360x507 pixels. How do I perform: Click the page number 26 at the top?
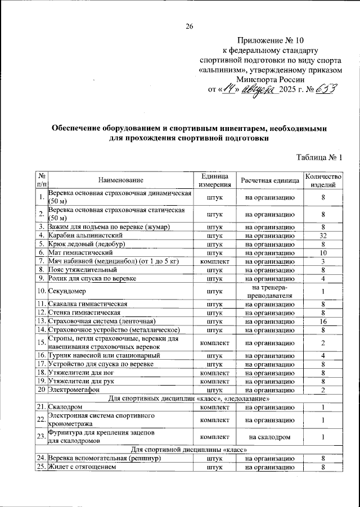(190, 26)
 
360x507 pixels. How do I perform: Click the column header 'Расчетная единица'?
(270, 180)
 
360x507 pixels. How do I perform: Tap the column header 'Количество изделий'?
(323, 180)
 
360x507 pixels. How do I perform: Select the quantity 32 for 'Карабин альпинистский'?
(323, 236)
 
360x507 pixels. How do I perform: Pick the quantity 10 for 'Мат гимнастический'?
(323, 253)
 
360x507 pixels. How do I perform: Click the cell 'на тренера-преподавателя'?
(270, 292)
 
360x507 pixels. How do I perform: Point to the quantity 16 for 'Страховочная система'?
(323, 322)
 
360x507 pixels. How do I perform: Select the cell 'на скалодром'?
(270, 436)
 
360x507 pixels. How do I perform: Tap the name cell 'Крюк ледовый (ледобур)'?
(85, 244)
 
